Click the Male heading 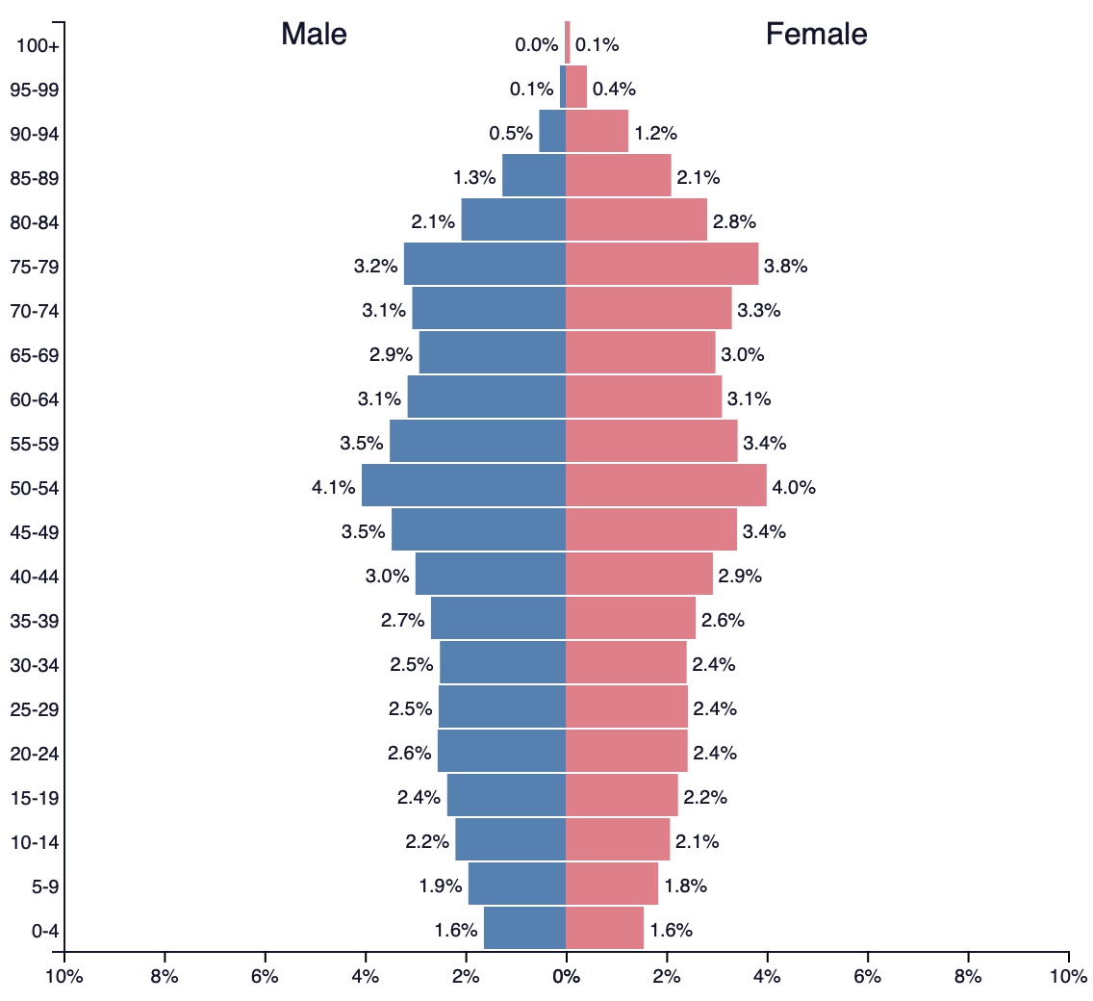[314, 35]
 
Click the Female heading [816, 35]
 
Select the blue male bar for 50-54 [464, 485]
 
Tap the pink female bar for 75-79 [662, 264]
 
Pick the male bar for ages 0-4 [524, 929]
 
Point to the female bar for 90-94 [597, 131]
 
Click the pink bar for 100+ [568, 42]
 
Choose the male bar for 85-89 [534, 175]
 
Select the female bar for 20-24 [626, 751]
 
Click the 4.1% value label [333, 487]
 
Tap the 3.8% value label [785, 267]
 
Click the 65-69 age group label [35, 355]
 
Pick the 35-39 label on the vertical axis [35, 621]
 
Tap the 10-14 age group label [35, 842]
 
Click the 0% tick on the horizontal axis [566, 976]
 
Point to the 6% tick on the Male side [265, 976]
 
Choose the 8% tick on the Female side [968, 976]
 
